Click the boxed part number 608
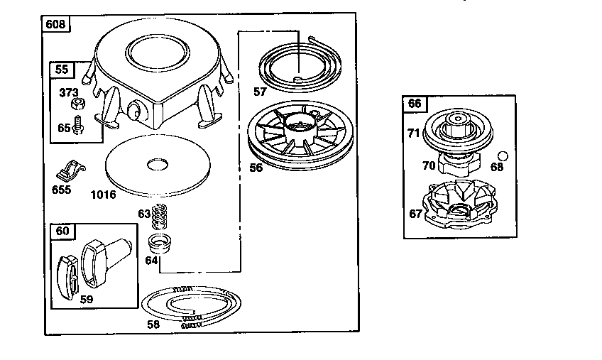(55, 25)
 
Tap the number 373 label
(68, 92)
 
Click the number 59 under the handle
(87, 299)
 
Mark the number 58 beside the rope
(153, 324)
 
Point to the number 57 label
(261, 91)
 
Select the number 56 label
(256, 168)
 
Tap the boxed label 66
(415, 103)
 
